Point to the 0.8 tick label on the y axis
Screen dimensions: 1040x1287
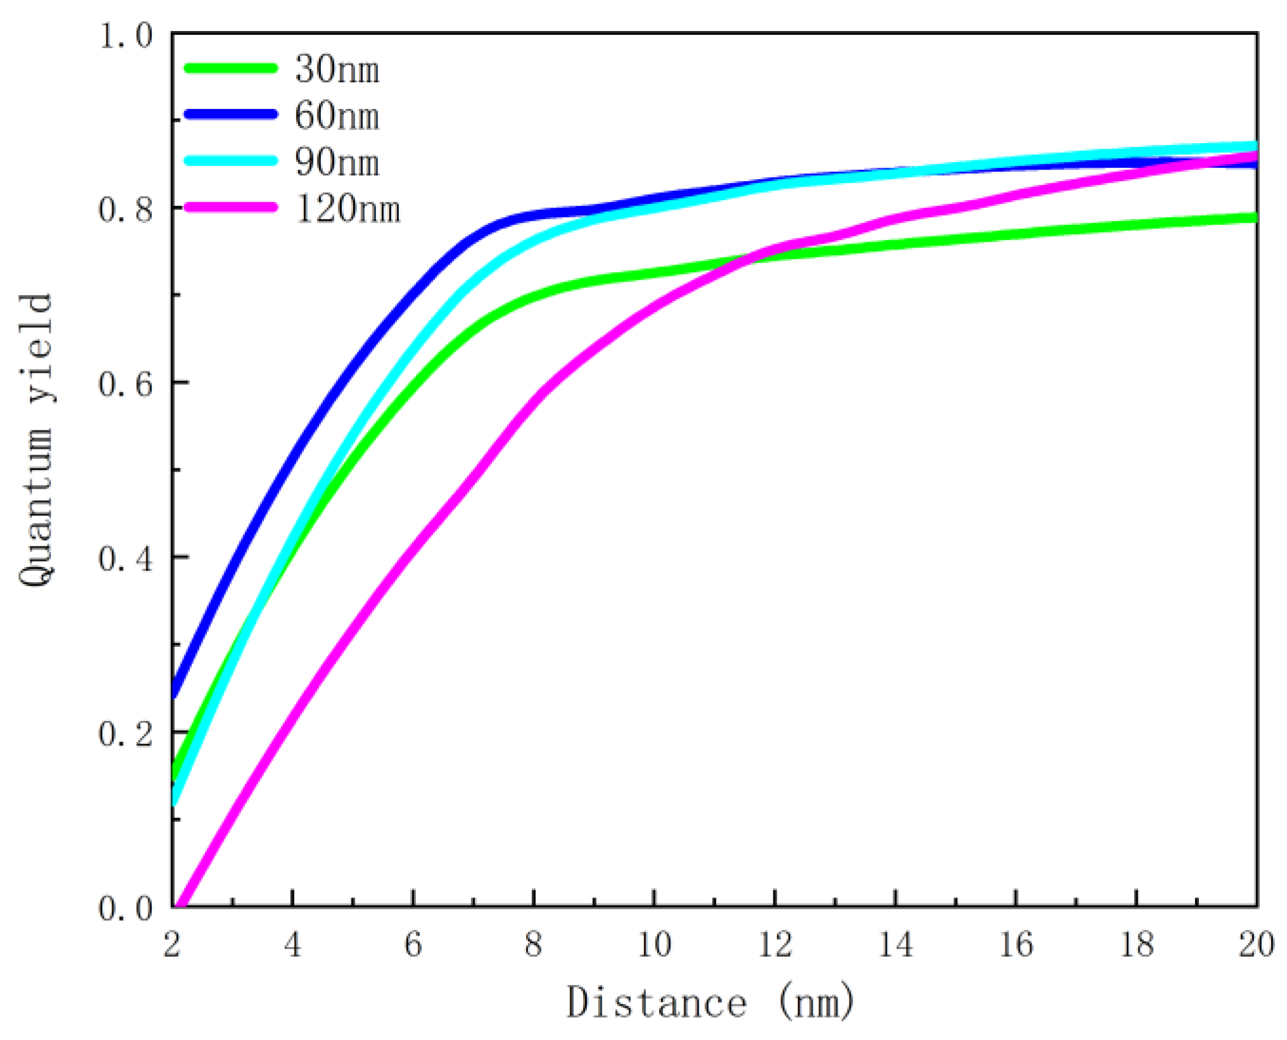pyautogui.click(x=126, y=209)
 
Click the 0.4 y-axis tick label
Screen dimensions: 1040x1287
pyautogui.click(x=126, y=558)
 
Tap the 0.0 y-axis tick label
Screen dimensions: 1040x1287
pyautogui.click(x=126, y=908)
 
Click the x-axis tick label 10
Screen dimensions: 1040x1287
pyautogui.click(x=654, y=945)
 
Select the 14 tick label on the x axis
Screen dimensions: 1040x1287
pyautogui.click(x=895, y=945)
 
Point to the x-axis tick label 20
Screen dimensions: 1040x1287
pyautogui.click(x=1256, y=945)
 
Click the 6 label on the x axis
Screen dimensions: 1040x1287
pyautogui.click(x=413, y=945)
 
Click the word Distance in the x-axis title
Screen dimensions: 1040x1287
pyautogui.click(x=656, y=1003)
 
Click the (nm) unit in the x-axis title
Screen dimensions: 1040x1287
pyautogui.click(x=816, y=1003)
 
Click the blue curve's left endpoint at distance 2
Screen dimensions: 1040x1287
pyautogui.click(x=173, y=694)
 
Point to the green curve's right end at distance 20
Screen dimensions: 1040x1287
pyautogui.click(x=1255, y=218)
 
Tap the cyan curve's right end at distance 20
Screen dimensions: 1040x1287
pyautogui.click(x=1255, y=146)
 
